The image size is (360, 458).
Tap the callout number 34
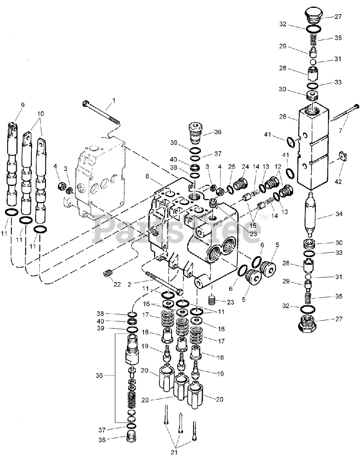tap(339, 214)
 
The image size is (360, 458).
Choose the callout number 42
tap(338, 182)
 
